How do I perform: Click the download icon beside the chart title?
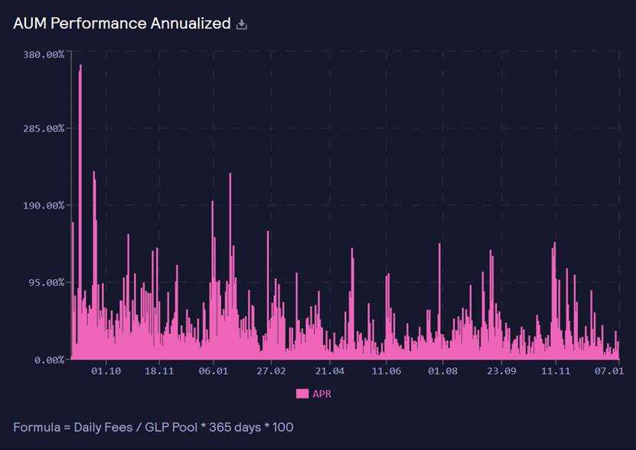click(x=242, y=25)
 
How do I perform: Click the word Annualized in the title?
click(x=189, y=23)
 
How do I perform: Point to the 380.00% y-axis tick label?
click(x=44, y=54)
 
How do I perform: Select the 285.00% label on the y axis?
click(x=44, y=128)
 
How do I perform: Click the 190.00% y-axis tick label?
click(x=44, y=205)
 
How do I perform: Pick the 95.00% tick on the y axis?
click(x=46, y=282)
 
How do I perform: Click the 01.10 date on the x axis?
click(x=106, y=371)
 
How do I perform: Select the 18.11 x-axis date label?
click(x=159, y=371)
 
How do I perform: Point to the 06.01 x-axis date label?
click(x=213, y=371)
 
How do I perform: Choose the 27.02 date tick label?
click(x=270, y=371)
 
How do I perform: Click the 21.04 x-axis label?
click(x=328, y=371)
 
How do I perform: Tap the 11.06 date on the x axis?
click(x=386, y=371)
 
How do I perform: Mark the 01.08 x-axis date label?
click(x=442, y=371)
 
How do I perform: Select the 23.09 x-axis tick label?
click(x=500, y=371)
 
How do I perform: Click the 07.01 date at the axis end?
click(x=609, y=371)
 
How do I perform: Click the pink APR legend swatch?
click(x=302, y=393)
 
